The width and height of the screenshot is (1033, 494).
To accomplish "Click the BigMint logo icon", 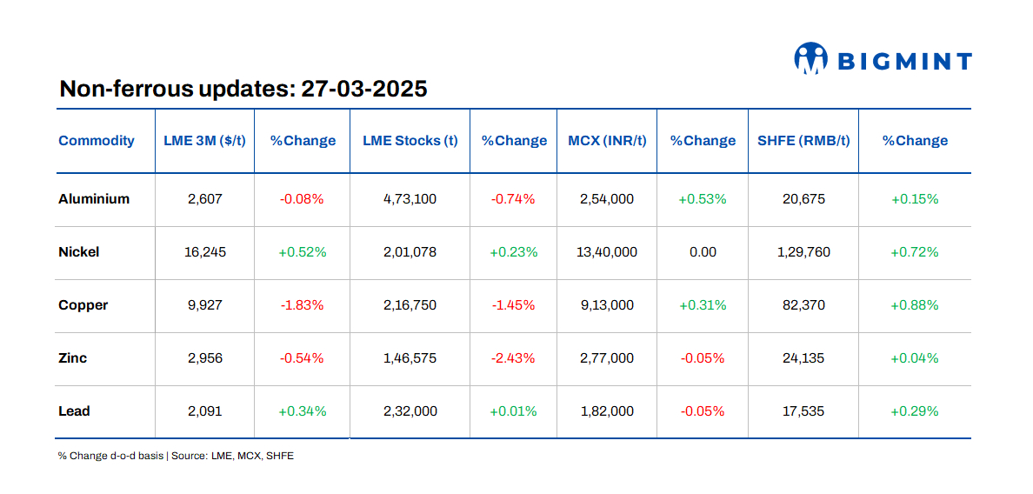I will [810, 59].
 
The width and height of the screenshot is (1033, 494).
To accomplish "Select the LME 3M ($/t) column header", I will [205, 141].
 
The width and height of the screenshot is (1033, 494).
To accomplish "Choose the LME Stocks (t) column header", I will [410, 141].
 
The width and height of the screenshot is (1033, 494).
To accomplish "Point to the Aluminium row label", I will [94, 199].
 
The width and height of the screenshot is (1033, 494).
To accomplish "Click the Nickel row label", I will [79, 252].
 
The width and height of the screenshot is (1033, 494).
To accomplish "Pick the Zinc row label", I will [73, 358].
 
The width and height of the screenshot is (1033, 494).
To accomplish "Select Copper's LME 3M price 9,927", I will [205, 305].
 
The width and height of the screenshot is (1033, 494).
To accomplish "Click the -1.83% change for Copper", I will [302, 305].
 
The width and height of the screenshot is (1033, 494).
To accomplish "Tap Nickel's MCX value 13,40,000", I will [607, 252].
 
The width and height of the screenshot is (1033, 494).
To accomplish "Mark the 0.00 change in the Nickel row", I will [703, 252].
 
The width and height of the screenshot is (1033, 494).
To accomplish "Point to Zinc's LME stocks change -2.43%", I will [513, 358].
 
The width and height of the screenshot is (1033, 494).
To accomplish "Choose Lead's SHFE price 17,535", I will [803, 411].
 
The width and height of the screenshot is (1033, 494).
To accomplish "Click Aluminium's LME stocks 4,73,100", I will [410, 199].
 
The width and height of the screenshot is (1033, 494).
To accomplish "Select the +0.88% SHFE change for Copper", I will [915, 305].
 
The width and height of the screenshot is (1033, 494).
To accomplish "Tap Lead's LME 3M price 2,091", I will [205, 411].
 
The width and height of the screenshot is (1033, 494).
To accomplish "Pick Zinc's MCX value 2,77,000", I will [607, 358].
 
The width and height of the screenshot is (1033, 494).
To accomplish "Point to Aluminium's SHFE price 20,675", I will [803, 199].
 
